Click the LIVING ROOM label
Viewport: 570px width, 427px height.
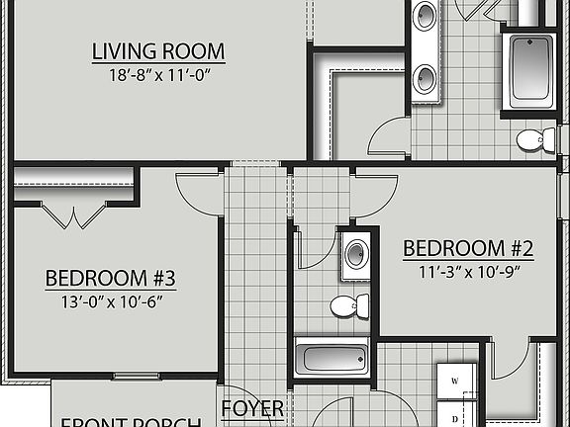pyautogui.click(x=158, y=50)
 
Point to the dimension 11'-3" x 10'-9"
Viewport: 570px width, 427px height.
pyautogui.click(x=468, y=270)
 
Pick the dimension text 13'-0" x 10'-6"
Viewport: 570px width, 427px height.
pyautogui.click(x=111, y=300)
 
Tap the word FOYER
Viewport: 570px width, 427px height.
pyautogui.click(x=252, y=408)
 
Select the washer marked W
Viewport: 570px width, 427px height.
pyautogui.click(x=455, y=380)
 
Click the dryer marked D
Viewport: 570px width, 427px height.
pyautogui.click(x=455, y=418)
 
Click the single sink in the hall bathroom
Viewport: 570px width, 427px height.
pyautogui.click(x=355, y=255)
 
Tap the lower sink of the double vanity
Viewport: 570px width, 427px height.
pyautogui.click(x=426, y=78)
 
